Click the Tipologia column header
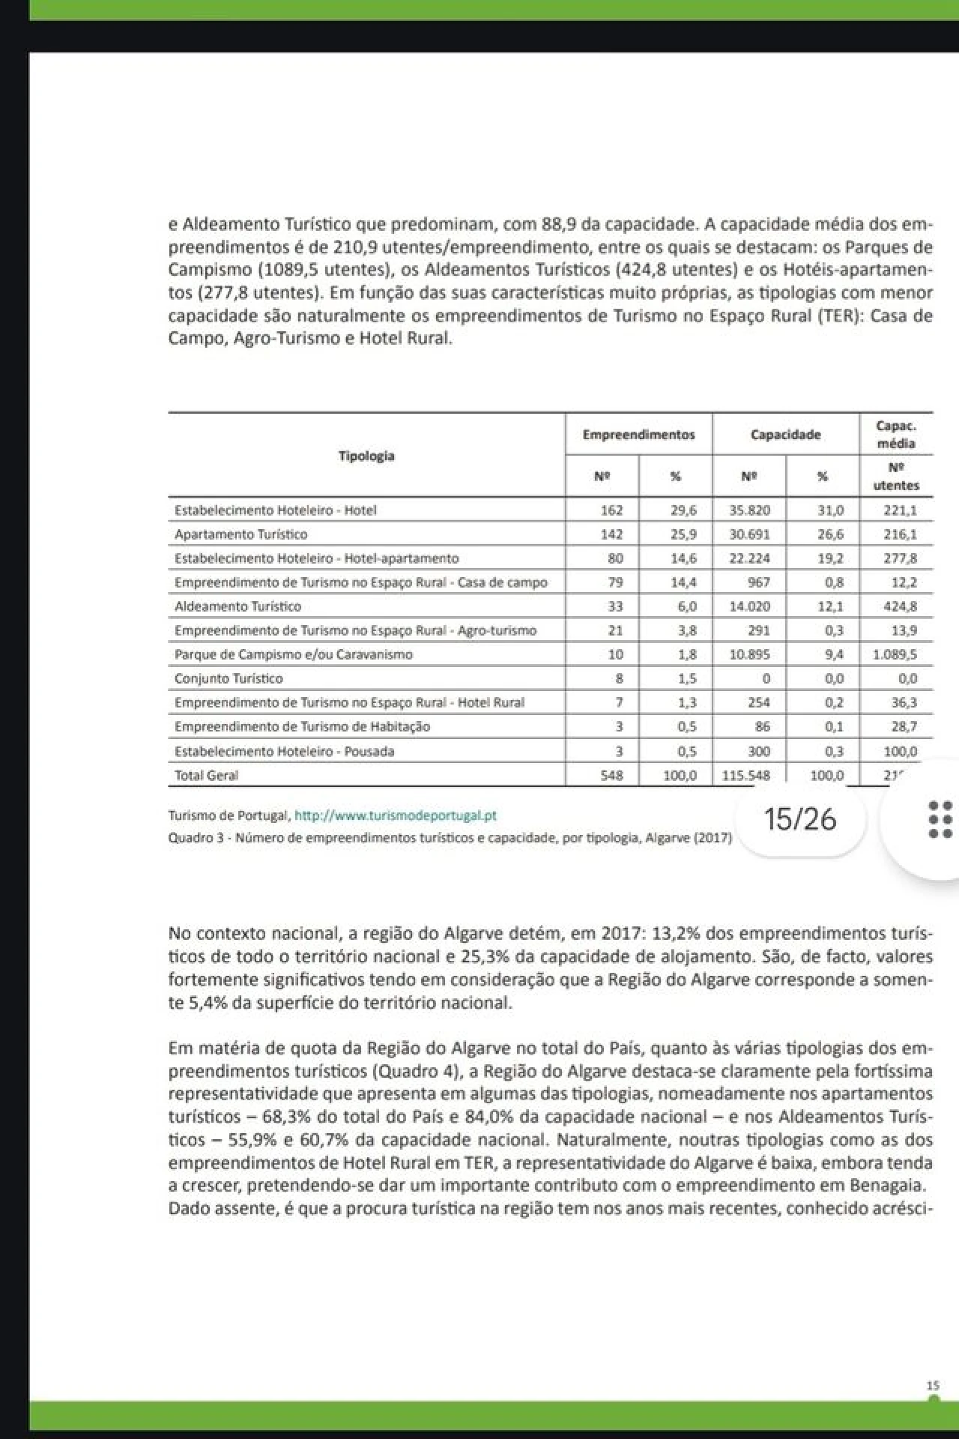[x=366, y=456]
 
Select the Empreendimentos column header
[x=638, y=435]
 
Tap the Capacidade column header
[x=785, y=435]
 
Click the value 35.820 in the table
[x=750, y=510]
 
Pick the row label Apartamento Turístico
[x=240, y=534]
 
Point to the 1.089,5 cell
[x=895, y=654]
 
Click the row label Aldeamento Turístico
[x=238, y=606]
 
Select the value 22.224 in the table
[x=750, y=558]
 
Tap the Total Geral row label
[x=206, y=776]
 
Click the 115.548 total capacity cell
[x=745, y=776]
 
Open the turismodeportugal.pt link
[x=396, y=815]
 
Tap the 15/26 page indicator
[x=800, y=819]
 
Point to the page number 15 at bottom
[x=933, y=1387]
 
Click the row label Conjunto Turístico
[x=229, y=678]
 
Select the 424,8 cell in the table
[x=900, y=606]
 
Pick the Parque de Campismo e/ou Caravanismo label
[x=293, y=654]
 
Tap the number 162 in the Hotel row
[x=611, y=510]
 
